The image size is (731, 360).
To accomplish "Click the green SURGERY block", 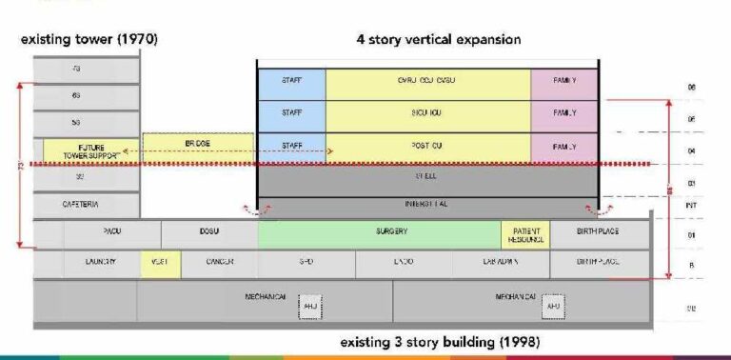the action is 379,231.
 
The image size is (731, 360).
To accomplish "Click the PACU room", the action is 112,231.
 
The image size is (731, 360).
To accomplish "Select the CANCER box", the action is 220,262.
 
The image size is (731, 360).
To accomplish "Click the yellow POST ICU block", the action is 427,147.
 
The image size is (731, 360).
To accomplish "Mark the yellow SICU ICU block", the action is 427,114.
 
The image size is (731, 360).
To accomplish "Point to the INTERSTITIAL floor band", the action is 427,204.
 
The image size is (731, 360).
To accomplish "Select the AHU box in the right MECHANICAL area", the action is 553,306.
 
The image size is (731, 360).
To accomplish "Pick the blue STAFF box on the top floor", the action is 291,82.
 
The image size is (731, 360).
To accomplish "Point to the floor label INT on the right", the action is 692,204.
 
